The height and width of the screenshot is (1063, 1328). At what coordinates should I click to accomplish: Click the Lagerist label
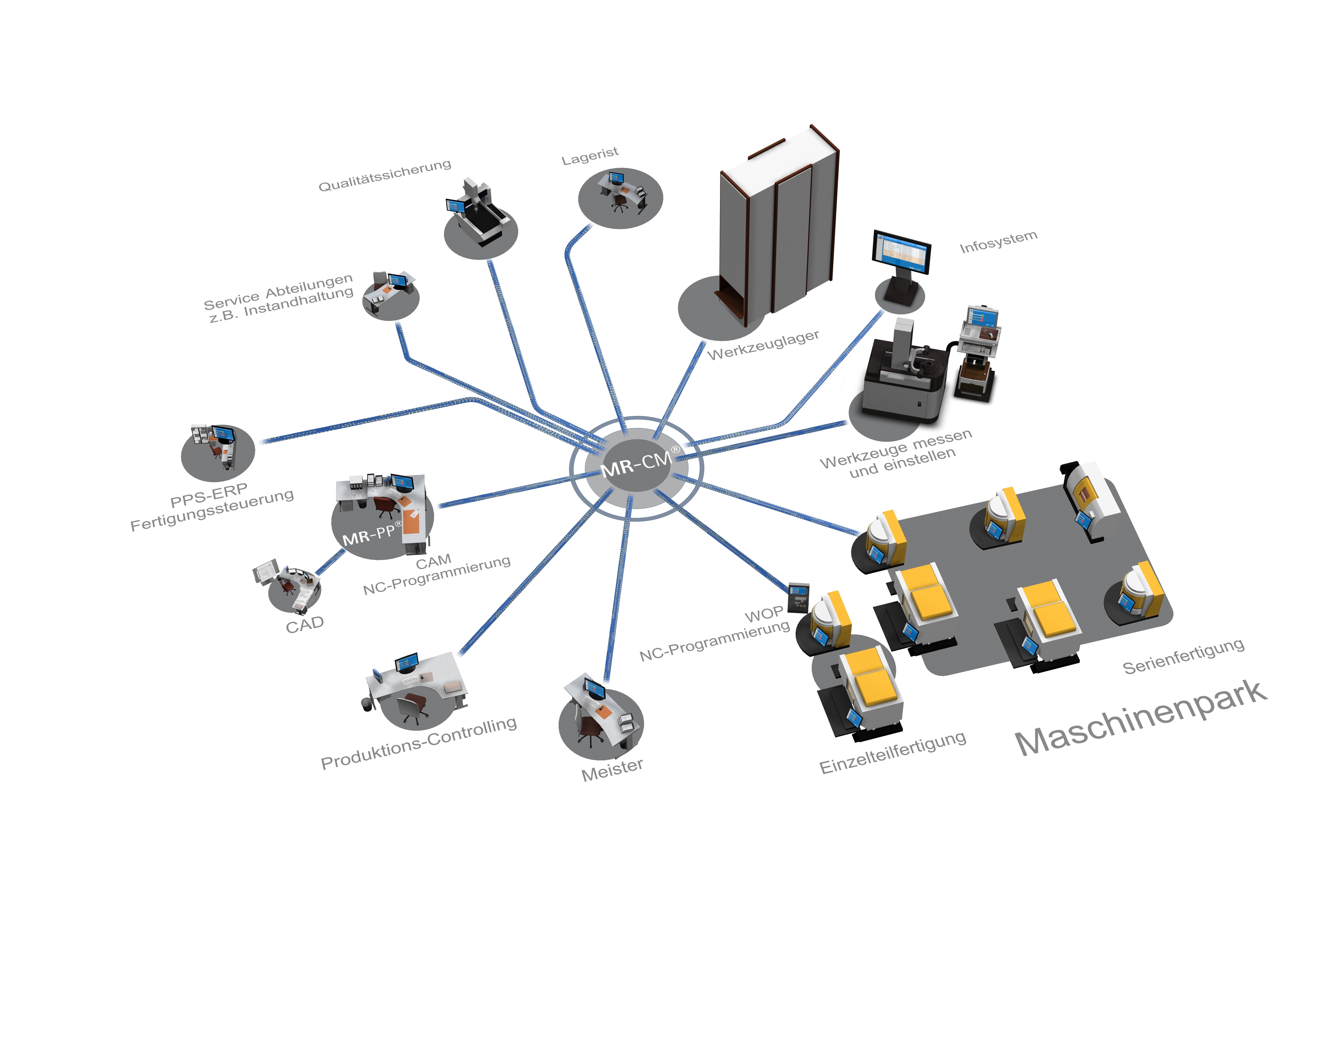590,155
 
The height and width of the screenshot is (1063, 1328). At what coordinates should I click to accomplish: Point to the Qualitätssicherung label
385,176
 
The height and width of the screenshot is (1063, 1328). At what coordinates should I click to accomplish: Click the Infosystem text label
998,242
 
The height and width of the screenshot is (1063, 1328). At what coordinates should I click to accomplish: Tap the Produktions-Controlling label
418,743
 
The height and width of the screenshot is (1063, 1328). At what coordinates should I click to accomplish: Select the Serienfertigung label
1183,657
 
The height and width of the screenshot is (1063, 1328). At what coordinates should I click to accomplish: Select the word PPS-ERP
209,495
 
